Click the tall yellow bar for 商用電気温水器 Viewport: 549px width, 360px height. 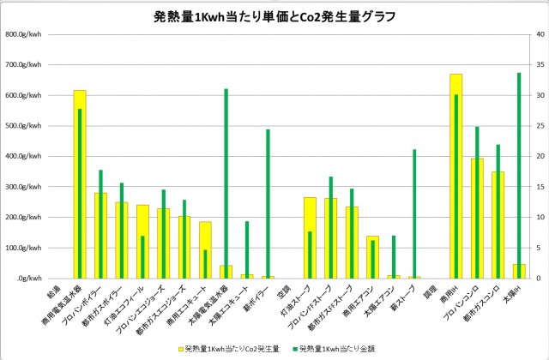[75, 184]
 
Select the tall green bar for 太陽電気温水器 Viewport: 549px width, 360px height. [226, 183]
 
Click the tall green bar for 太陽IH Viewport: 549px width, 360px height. [519, 176]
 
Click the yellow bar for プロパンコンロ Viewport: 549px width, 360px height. [471, 219]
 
